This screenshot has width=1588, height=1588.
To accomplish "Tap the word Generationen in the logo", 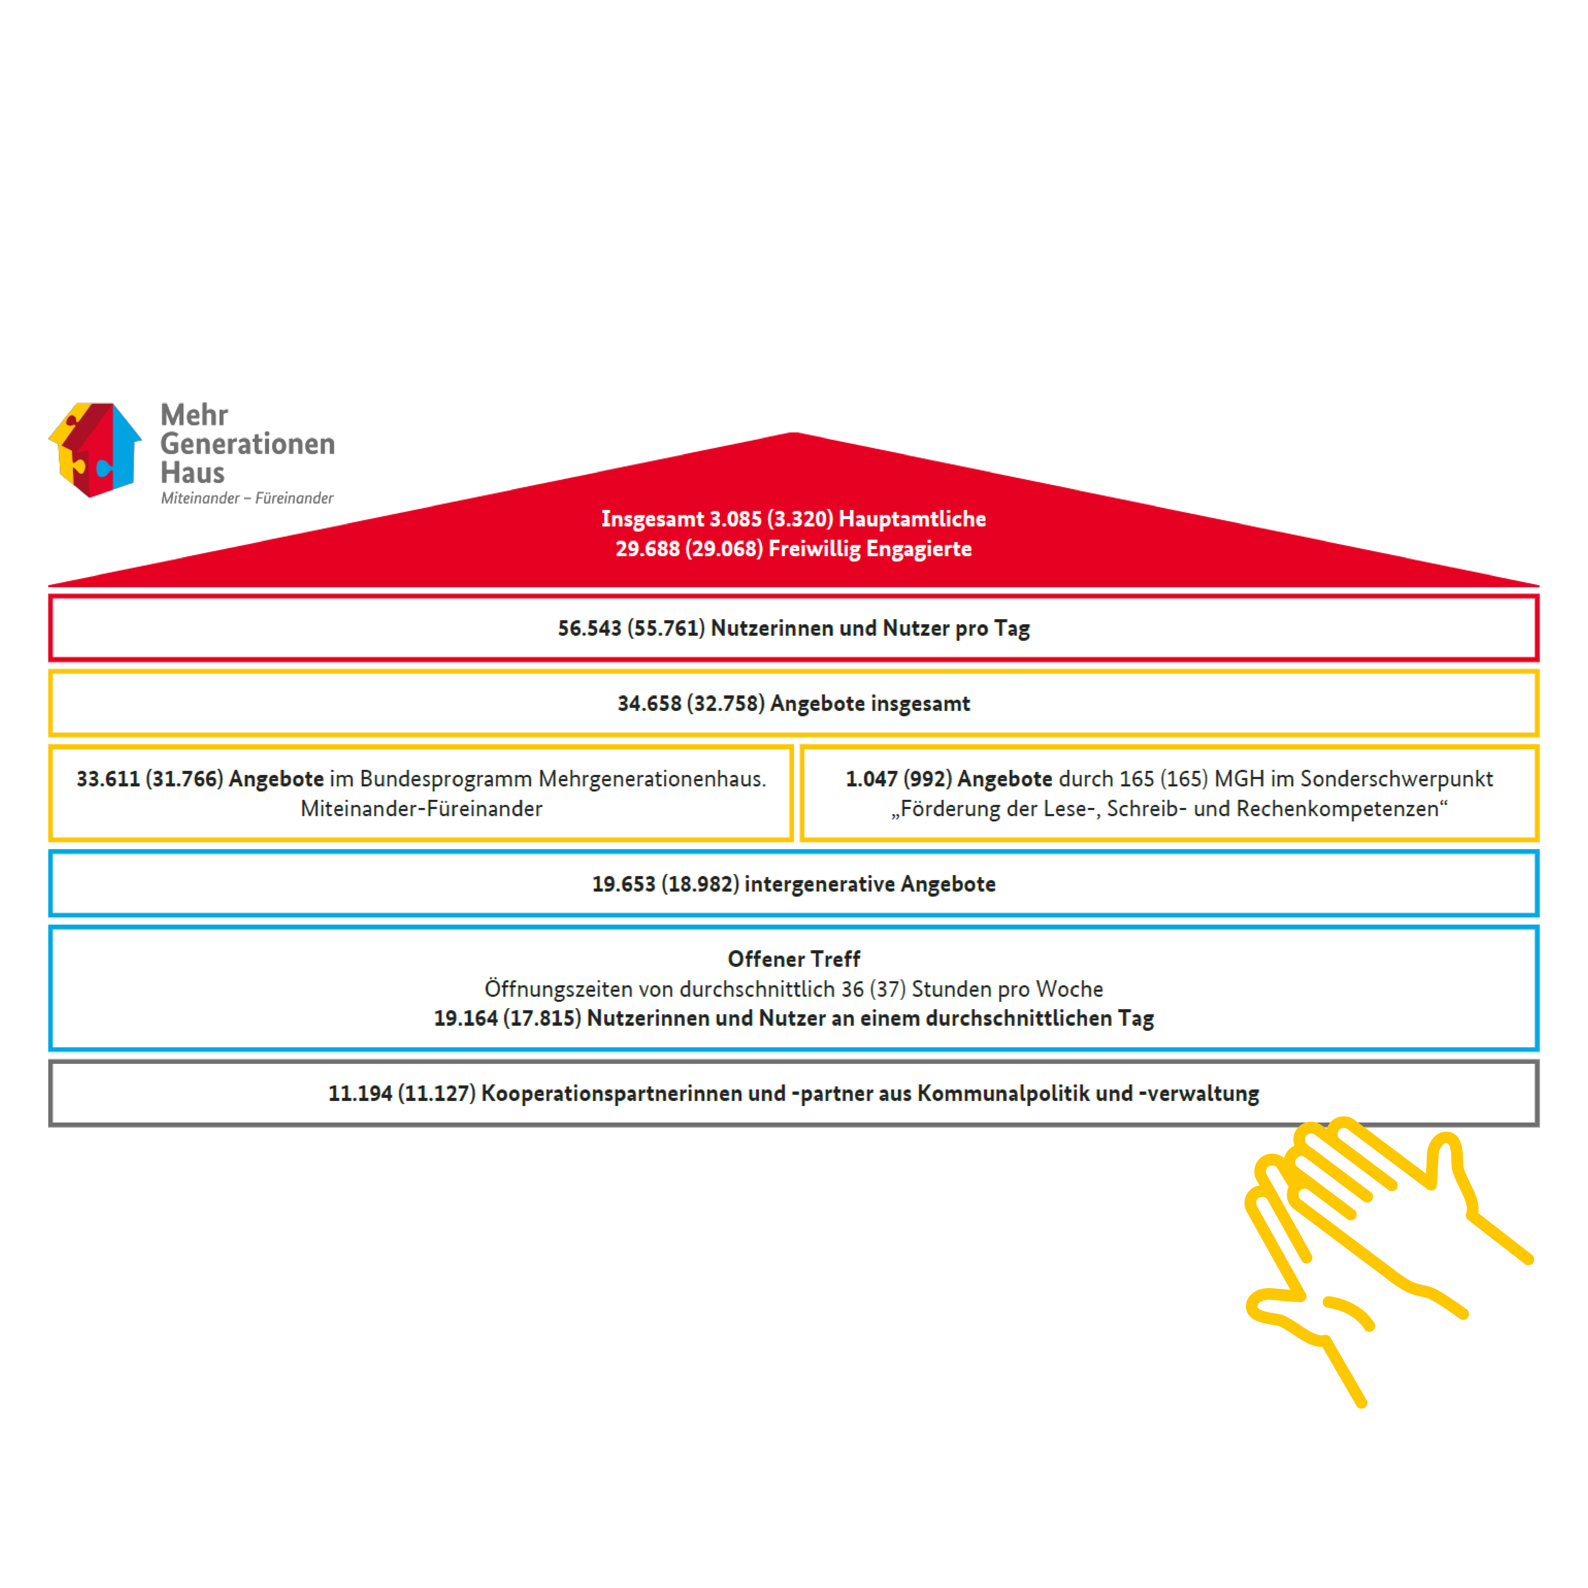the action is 247,444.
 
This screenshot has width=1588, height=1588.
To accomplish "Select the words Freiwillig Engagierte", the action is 870,549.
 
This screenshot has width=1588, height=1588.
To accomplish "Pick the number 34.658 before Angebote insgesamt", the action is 649,704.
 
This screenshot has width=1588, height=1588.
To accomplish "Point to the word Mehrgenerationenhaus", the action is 652,779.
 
